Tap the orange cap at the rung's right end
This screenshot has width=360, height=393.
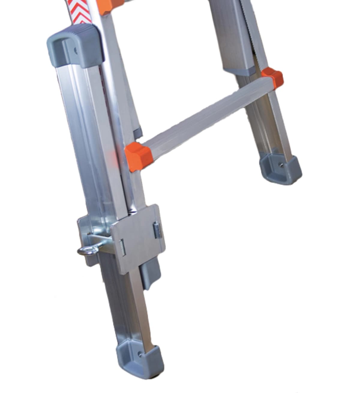click(x=272, y=76)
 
